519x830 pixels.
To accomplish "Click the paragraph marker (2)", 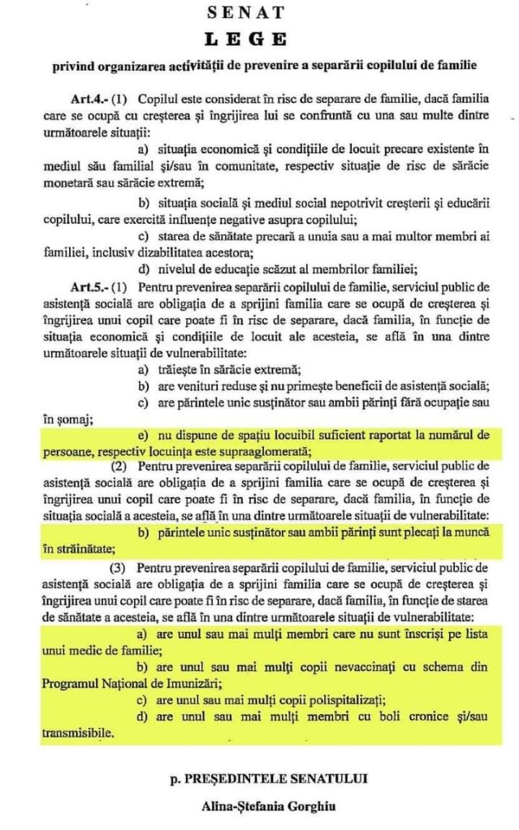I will (119, 468).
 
